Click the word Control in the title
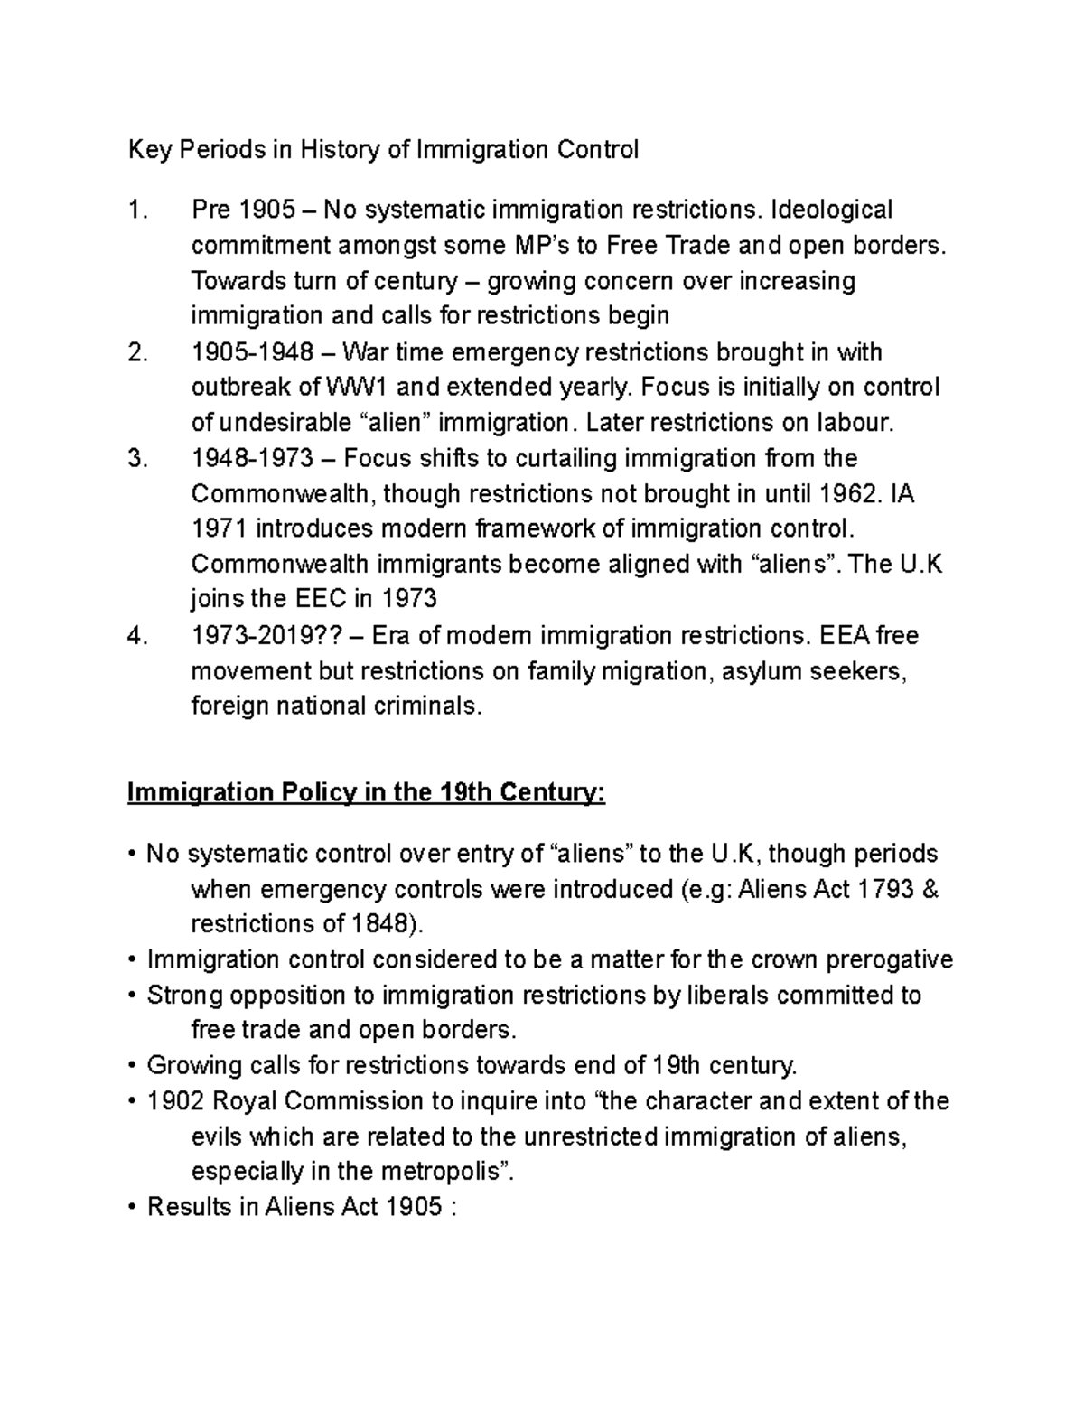(594, 149)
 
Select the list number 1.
(136, 210)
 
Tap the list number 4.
(136, 637)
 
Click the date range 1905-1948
(250, 352)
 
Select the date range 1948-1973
(250, 459)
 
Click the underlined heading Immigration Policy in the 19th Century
(367, 793)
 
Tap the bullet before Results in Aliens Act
(132, 1208)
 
